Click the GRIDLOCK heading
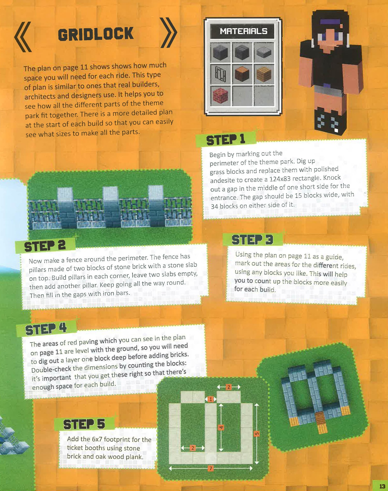[x=96, y=34]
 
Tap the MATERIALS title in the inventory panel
[x=243, y=31]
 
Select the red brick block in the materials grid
[x=220, y=95]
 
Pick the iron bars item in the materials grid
[x=220, y=74]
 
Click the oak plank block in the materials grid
[x=264, y=74]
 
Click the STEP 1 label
[x=226, y=140]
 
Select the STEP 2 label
[x=45, y=246]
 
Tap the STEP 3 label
[x=252, y=240]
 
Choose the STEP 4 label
[x=46, y=329]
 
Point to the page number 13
[x=382, y=486]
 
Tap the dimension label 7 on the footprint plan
[x=211, y=468]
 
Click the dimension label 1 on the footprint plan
[x=211, y=399]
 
